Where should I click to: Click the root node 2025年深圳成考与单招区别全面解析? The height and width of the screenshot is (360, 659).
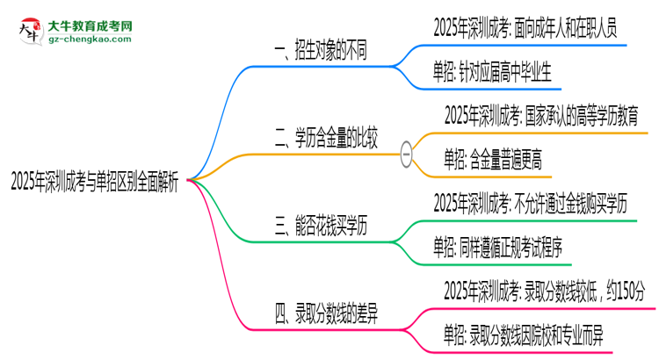[94, 182]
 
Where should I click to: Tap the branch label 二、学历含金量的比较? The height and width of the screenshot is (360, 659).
[326, 137]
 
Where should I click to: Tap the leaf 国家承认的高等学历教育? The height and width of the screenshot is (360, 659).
[540, 114]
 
